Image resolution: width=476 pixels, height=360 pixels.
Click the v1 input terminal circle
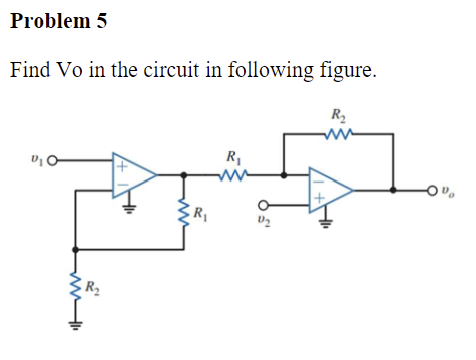click(53, 158)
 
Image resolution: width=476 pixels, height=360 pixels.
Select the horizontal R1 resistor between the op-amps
click(234, 174)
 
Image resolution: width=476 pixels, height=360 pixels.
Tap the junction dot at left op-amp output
click(182, 174)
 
